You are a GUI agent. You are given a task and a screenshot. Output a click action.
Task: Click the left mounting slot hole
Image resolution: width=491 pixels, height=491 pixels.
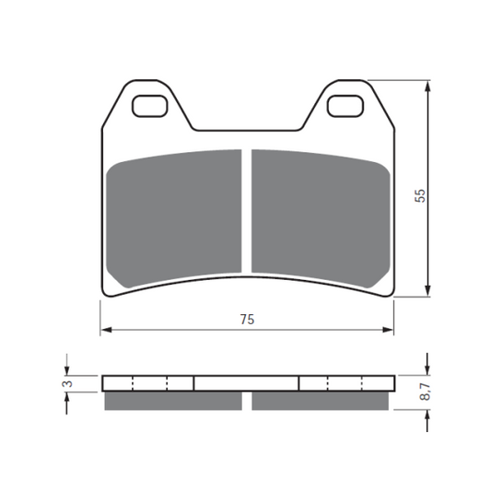(x=149, y=106)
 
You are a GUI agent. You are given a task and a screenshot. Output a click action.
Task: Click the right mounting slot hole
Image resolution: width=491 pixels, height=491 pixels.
(x=345, y=106)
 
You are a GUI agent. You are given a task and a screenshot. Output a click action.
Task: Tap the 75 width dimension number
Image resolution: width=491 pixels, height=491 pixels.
(x=247, y=320)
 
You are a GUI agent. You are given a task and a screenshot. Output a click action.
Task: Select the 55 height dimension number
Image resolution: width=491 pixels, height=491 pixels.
(x=420, y=195)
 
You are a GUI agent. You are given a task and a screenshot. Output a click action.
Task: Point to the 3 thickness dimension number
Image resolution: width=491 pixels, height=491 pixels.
(x=68, y=383)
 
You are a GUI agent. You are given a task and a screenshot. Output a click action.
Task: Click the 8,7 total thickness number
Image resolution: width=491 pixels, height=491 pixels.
(x=425, y=392)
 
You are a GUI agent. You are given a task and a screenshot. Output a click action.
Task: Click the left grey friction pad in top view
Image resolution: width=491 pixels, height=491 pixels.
(x=174, y=218)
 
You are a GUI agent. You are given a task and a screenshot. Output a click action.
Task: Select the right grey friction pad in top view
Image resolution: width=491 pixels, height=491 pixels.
(x=321, y=218)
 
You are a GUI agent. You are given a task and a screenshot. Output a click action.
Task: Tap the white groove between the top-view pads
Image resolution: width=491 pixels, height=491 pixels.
(x=247, y=212)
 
